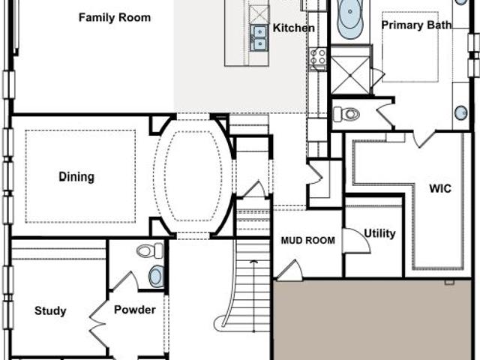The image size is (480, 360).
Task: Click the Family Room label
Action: point(115,17)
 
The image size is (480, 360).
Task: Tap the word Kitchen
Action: point(293,28)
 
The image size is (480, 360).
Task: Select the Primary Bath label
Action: point(416,25)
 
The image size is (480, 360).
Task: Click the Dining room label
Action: point(76,177)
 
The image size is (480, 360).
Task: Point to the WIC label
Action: point(440,188)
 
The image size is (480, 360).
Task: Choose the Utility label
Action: point(379,233)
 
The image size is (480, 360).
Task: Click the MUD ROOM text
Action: point(308,240)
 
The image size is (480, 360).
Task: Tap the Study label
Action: point(50,311)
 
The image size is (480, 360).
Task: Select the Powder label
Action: point(135,310)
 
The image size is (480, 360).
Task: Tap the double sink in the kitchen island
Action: point(259,38)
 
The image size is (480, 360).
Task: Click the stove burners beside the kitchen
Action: point(318,57)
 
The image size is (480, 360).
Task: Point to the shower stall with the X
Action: point(350,75)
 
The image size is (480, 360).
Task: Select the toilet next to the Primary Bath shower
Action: point(346,114)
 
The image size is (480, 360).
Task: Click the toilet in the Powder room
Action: point(150,250)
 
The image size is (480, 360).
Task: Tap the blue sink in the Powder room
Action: point(156,276)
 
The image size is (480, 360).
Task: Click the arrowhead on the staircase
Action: point(253,262)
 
